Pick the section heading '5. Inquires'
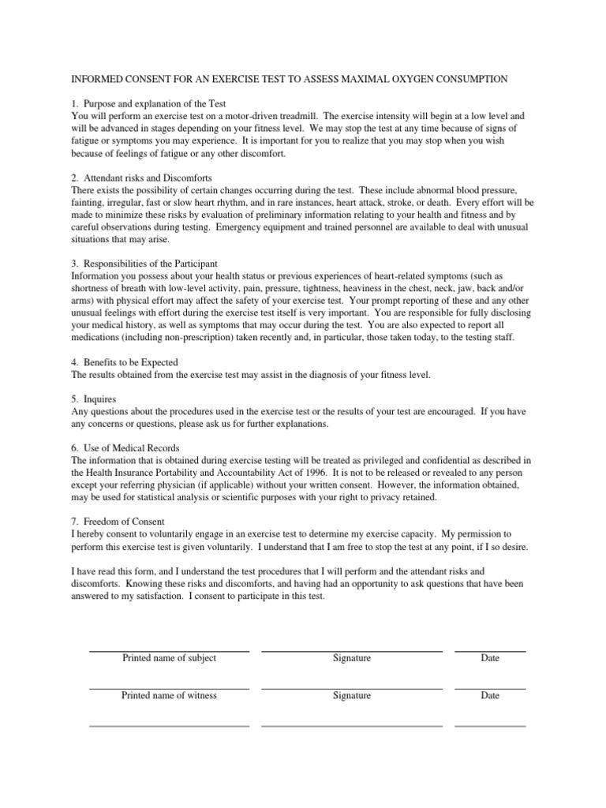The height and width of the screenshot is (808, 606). (94, 399)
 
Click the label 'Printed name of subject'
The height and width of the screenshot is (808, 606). (169, 658)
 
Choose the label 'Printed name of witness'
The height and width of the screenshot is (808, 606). (169, 696)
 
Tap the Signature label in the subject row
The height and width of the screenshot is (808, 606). (352, 658)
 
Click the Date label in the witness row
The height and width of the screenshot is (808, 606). (490, 696)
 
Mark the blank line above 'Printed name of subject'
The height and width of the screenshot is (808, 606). (169, 651)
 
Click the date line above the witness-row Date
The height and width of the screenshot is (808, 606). (490, 689)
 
